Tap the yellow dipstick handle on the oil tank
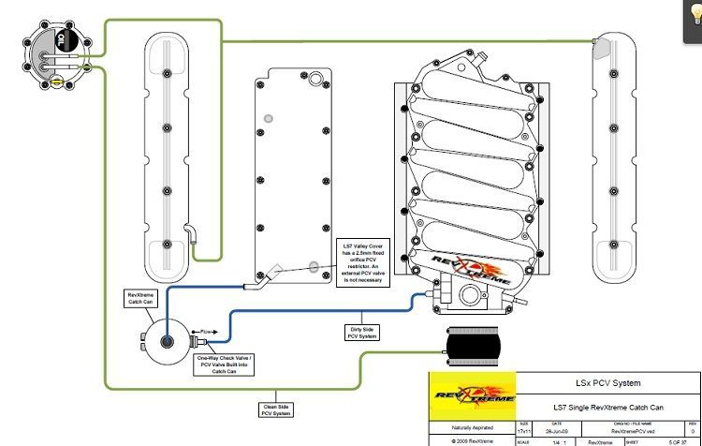click(57, 82)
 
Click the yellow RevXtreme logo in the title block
click(471, 394)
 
